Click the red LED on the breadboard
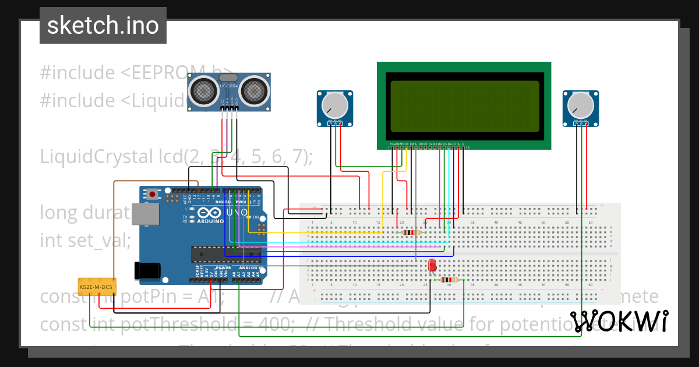pos(432,265)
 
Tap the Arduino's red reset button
pos(153,194)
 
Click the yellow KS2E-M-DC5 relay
pos(97,287)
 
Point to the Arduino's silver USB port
pos(144,214)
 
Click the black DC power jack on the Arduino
pos(147,270)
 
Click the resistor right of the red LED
pos(449,280)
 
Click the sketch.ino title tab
pos(103,26)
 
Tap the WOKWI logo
pos(619,321)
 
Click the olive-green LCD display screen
pos(464,106)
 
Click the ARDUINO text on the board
pos(210,221)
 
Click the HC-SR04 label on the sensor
pos(228,87)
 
